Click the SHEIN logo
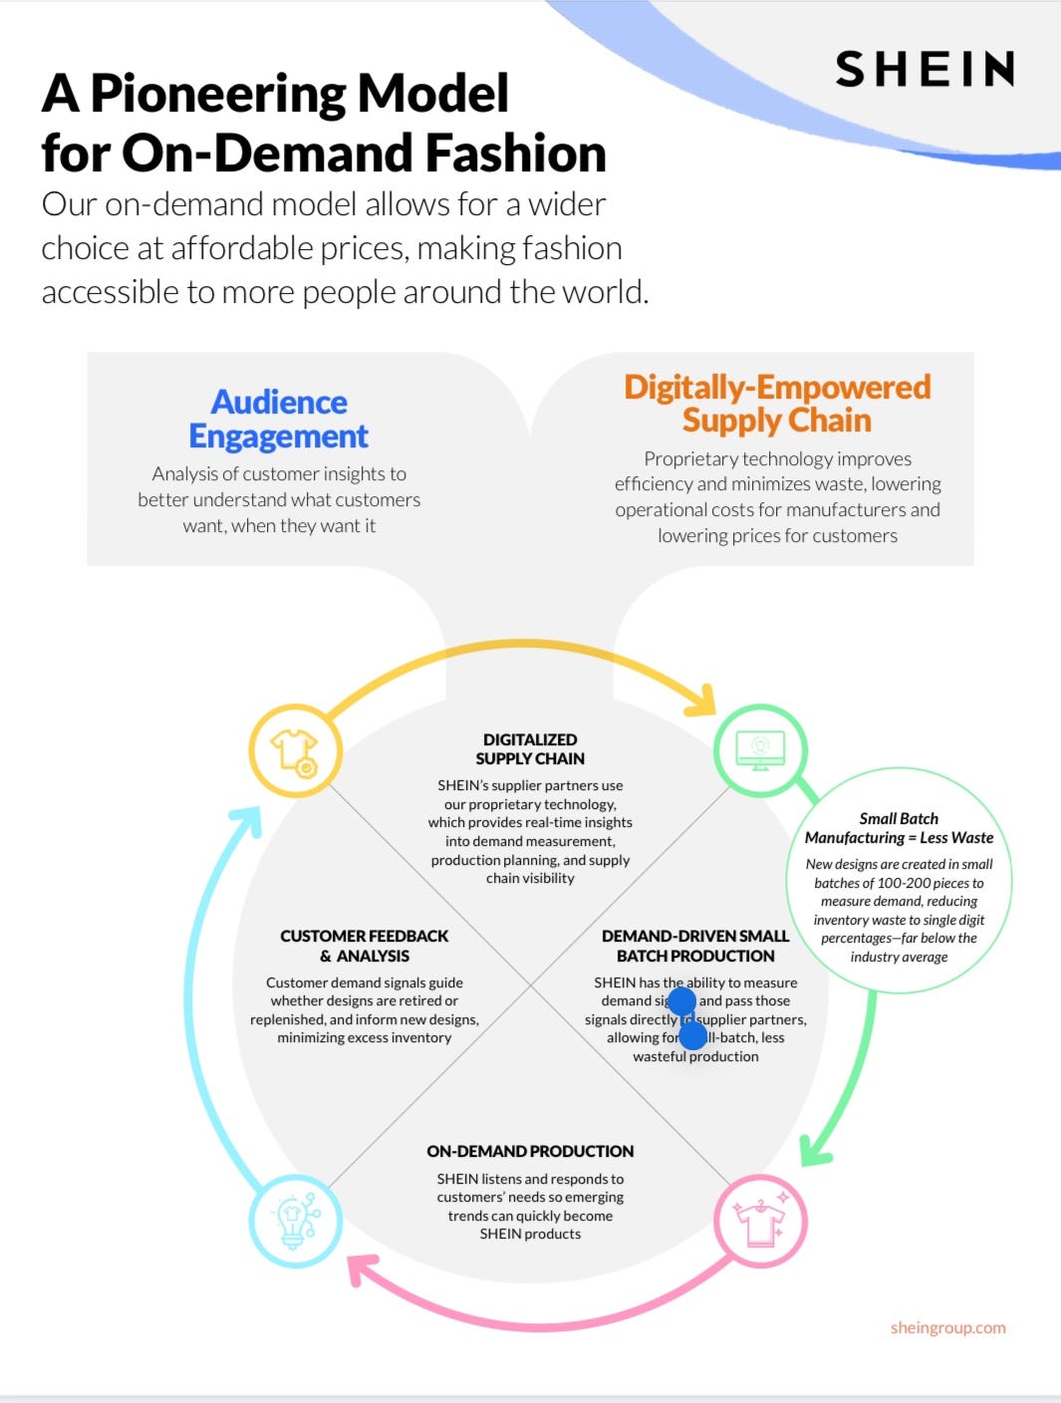(925, 69)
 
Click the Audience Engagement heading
(279, 419)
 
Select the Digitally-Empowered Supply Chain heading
(777, 403)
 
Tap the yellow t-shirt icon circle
(295, 750)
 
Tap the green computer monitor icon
(760, 749)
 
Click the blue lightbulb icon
(295, 1221)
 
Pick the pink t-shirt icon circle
(760, 1222)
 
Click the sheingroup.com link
(947, 1327)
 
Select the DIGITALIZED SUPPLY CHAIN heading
(530, 748)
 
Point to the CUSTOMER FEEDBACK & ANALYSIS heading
(365, 946)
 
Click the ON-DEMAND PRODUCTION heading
(530, 1151)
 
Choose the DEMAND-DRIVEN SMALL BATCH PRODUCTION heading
(695, 946)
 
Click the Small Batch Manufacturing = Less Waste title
(899, 828)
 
